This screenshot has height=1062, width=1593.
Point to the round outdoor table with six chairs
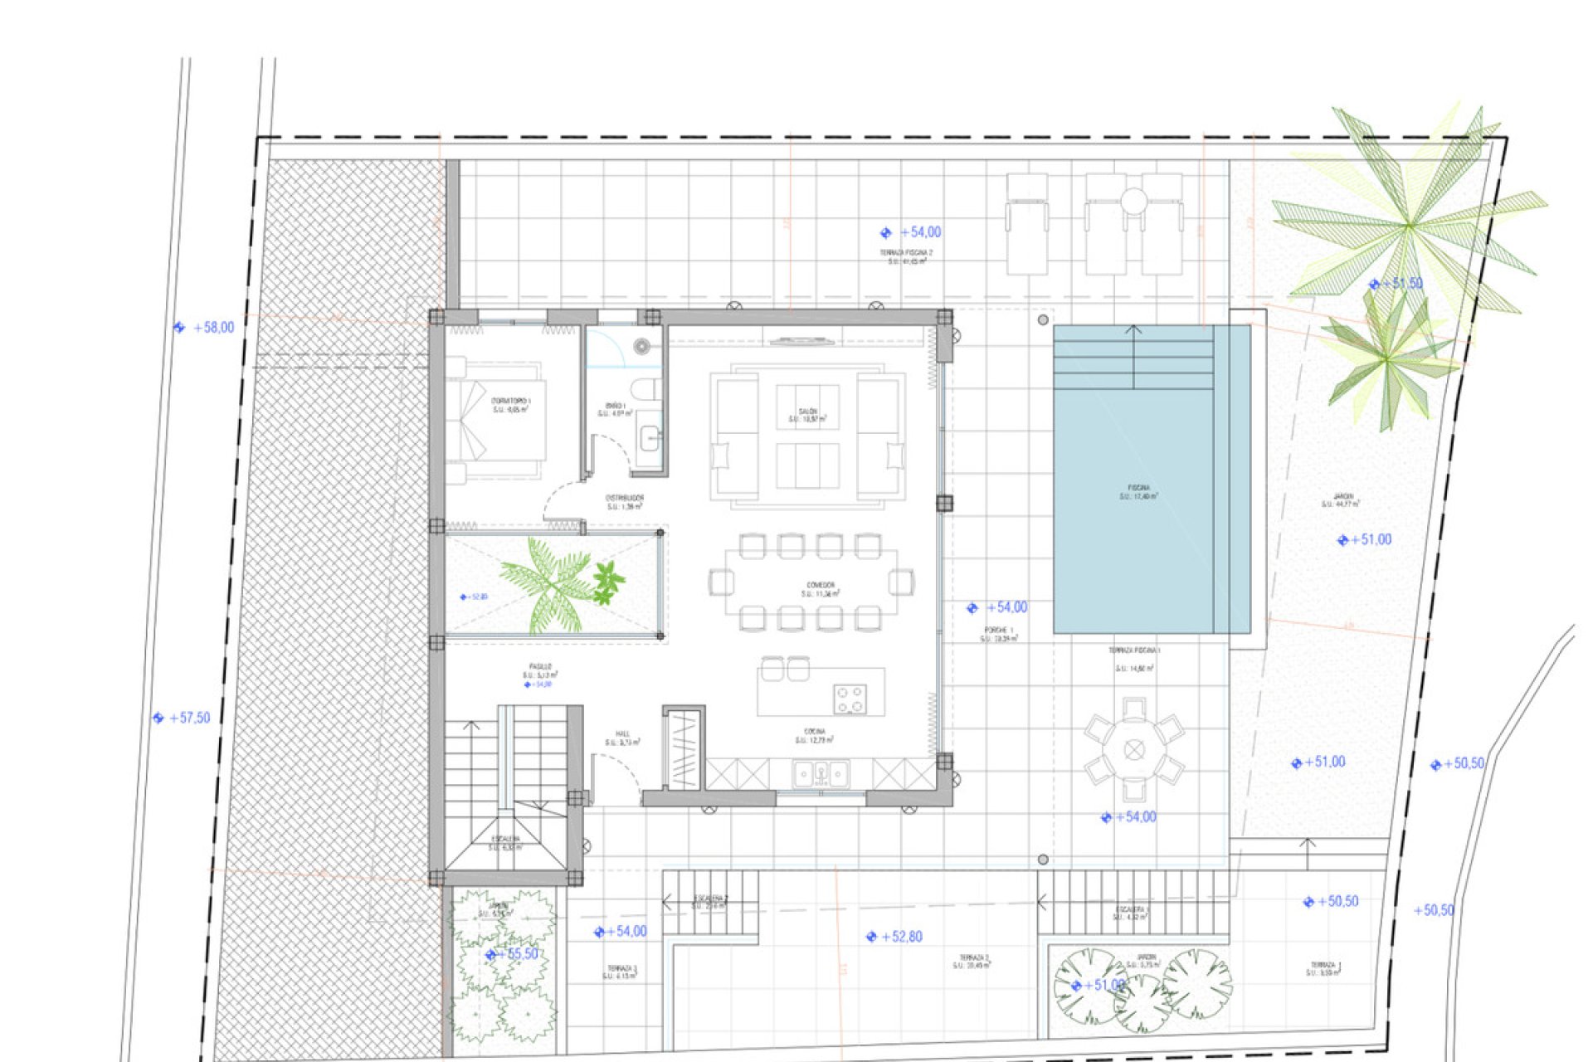1134,750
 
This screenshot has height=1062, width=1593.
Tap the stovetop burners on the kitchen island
850,699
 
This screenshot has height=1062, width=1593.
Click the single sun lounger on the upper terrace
1027,224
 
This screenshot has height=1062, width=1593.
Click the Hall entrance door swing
614,776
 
